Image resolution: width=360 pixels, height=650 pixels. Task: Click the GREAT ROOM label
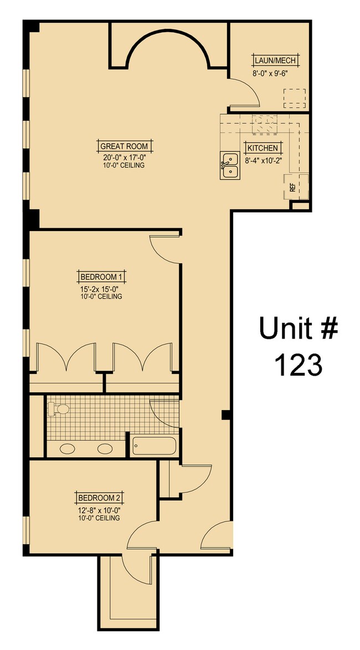(124, 146)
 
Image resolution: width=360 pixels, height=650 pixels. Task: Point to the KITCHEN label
(263, 149)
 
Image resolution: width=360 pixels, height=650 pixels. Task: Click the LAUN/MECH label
(275, 61)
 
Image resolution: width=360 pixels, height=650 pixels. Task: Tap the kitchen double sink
(229, 166)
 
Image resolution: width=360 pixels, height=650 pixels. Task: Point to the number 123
(298, 365)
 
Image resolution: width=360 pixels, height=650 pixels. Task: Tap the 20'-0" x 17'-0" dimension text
(124, 157)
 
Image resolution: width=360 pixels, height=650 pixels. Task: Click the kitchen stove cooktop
(264, 125)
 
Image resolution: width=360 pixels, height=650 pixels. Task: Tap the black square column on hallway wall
(225, 414)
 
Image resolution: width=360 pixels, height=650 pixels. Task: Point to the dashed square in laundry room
(295, 99)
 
